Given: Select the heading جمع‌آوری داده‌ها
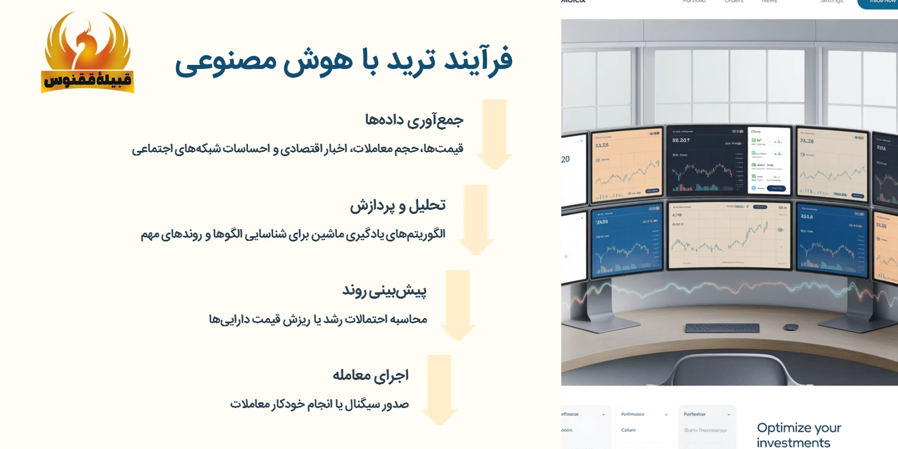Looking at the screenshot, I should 414,120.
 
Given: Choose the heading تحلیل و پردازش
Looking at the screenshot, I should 398,205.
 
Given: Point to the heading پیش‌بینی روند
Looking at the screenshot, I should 384,291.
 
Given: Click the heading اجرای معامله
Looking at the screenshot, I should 370,375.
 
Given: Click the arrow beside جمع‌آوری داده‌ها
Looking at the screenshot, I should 494,134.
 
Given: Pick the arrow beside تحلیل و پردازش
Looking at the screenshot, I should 476,220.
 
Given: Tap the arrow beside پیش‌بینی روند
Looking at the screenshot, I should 458,305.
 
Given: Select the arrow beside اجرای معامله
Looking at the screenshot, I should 440,390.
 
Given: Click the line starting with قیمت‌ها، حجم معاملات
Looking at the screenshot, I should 298,148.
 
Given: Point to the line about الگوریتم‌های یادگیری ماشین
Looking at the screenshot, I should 293,234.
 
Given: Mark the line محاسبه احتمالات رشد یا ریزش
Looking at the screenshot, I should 317,319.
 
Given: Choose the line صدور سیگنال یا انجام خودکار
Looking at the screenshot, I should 319,404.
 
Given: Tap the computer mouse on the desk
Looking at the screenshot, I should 791,327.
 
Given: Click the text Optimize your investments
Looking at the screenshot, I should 799,435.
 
